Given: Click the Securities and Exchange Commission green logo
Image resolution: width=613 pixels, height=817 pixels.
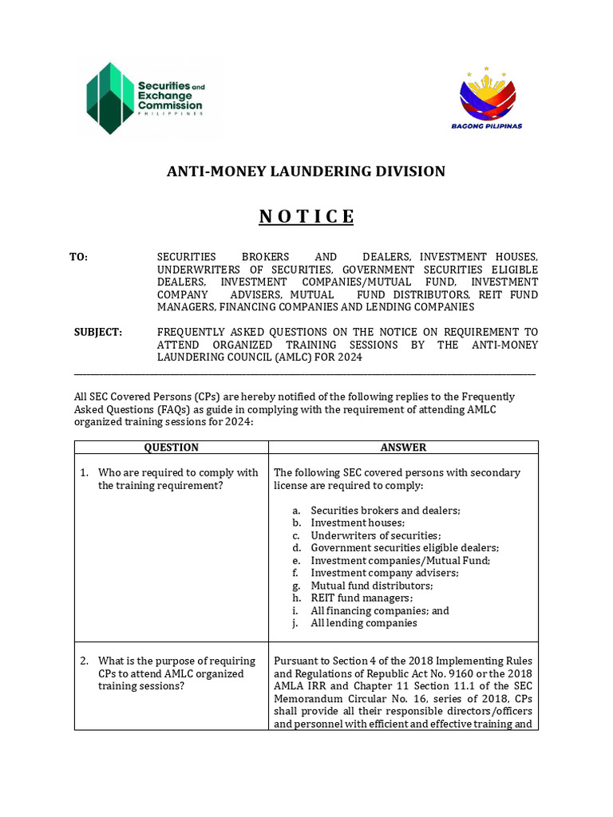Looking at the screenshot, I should coord(144,99).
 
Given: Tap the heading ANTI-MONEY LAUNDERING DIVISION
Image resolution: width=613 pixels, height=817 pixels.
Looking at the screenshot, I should coord(306,172).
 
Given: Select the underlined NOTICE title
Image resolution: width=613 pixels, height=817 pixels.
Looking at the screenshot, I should coord(306,217).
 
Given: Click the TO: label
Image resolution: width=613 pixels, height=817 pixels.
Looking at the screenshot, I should coord(79,257).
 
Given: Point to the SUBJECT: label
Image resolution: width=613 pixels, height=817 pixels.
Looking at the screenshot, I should coord(98,332).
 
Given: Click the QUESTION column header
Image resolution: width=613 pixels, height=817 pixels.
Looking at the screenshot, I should coord(171,448).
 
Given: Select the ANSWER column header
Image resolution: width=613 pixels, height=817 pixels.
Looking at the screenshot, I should coord(403,448).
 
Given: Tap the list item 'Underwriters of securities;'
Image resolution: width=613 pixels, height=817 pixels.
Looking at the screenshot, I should coord(375,535).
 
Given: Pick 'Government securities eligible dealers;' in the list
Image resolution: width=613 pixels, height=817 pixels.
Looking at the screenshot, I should coord(405,547).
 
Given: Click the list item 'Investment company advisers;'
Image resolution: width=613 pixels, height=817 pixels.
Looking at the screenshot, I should coord(385,573).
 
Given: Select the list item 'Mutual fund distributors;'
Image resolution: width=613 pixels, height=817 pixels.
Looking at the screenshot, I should coord(372,586).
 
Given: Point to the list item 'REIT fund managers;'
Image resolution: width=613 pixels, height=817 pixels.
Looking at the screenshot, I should coord(362,598).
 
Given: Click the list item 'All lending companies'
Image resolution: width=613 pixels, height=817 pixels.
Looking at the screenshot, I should coord(363,623).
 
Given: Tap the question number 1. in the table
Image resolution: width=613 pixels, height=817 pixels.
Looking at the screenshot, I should coord(84,472).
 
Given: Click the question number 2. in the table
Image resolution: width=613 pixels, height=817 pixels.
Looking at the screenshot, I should coord(84,661).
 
